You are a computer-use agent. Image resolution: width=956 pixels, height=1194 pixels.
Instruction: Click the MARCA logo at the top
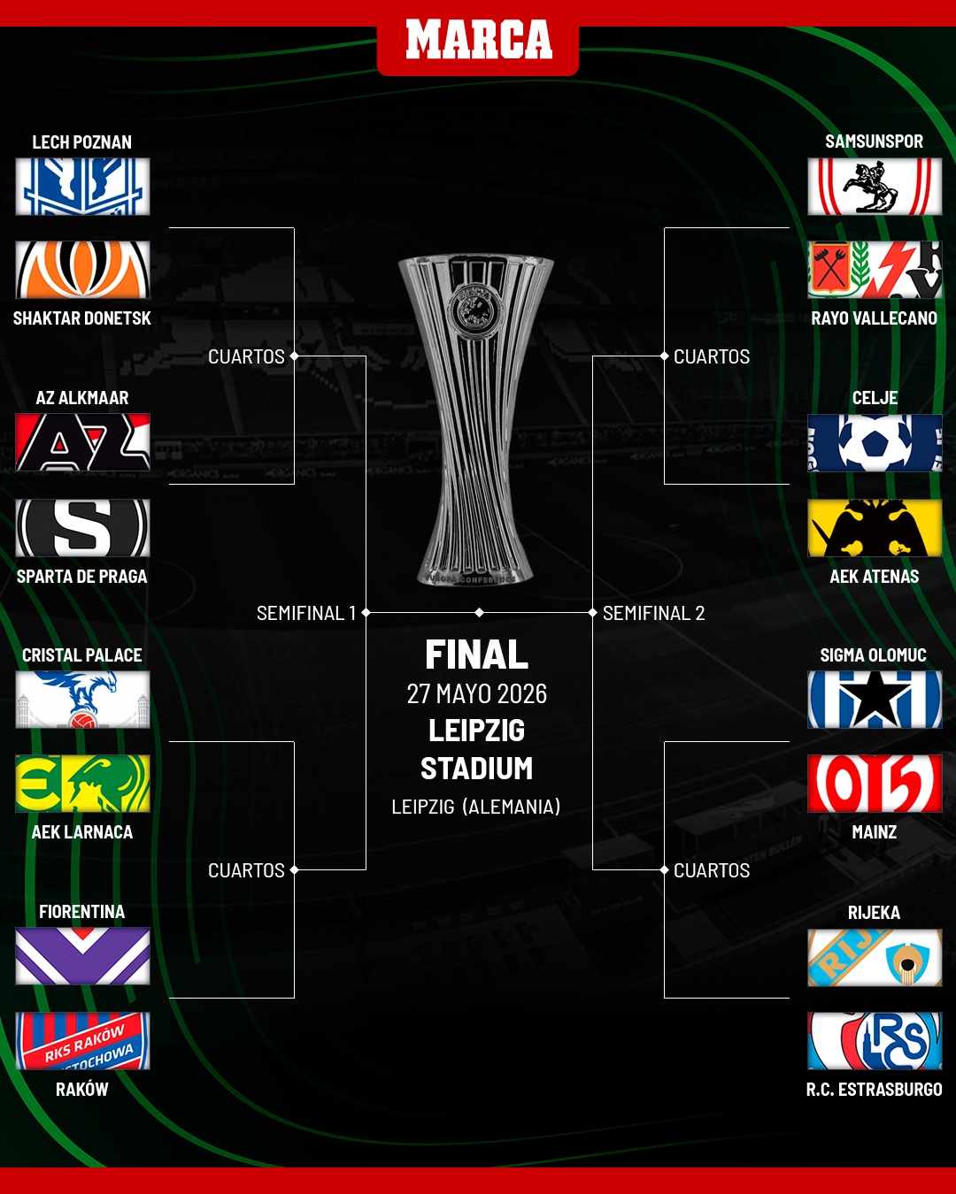pos(478,41)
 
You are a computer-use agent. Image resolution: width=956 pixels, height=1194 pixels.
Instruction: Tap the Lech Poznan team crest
pos(82,187)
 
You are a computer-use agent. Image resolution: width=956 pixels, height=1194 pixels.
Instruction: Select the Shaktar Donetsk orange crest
pos(82,270)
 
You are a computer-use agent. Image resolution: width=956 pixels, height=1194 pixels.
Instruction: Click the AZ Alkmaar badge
pos(82,442)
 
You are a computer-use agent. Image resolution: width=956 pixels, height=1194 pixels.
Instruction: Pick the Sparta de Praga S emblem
pos(82,528)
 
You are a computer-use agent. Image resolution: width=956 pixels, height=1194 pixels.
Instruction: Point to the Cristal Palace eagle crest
pos(82,700)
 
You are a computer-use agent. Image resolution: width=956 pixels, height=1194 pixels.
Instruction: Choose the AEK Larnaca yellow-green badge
pos(82,784)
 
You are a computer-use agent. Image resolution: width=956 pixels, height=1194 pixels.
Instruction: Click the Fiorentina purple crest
pos(82,956)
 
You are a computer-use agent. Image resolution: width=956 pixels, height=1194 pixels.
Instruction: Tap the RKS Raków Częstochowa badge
pos(82,1041)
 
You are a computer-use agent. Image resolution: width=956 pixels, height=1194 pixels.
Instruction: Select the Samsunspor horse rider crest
pos(875,187)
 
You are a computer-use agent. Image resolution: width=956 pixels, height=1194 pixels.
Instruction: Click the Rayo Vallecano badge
pos(875,270)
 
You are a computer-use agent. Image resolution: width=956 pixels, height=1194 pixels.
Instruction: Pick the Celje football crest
pos(875,443)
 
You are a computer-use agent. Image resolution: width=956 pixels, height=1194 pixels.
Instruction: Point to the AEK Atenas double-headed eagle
pos(875,528)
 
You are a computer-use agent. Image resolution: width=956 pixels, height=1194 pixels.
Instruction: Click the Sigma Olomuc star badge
pos(875,700)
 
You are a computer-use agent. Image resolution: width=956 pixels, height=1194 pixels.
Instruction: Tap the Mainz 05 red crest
pos(875,784)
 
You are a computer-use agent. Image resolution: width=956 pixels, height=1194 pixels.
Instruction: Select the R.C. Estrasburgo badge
pos(875,1041)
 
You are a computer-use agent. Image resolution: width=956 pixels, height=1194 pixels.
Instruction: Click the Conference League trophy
pos(476,420)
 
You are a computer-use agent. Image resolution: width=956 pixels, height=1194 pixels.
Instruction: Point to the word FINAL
pos(476,655)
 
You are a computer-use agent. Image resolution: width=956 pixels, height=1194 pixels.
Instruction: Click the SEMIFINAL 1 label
pos(305,613)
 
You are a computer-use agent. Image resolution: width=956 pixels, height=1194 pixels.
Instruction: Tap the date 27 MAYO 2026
pos(476,694)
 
